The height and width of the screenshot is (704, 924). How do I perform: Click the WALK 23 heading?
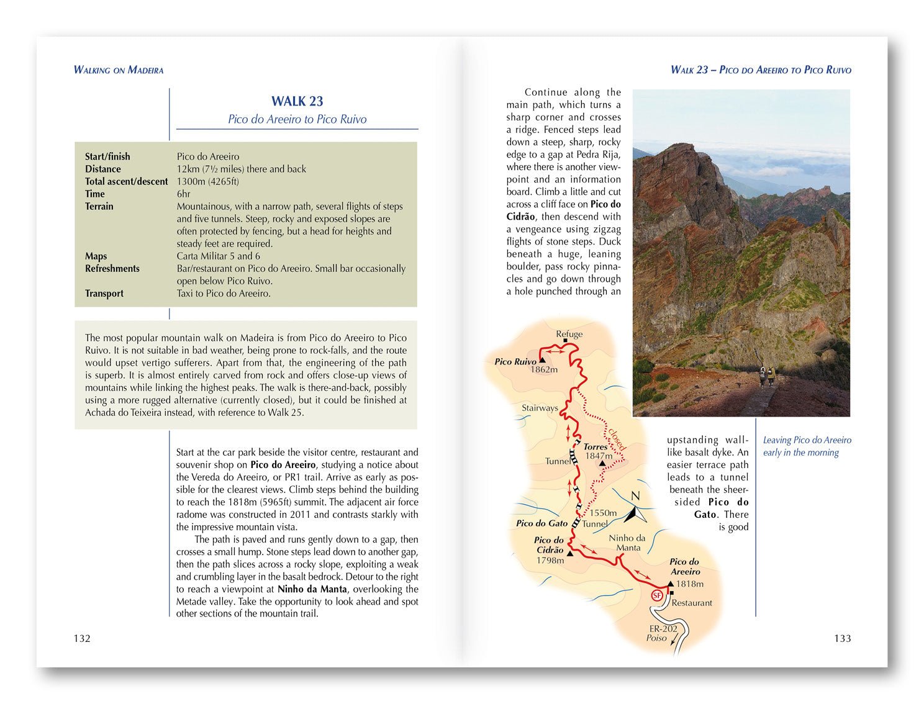point(297,101)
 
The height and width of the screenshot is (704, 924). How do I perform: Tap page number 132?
point(82,638)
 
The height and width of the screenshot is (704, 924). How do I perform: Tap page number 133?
point(842,638)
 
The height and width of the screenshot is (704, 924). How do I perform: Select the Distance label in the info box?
point(103,169)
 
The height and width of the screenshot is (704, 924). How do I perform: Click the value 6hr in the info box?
point(184,194)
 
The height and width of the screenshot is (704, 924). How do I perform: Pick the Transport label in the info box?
point(104,293)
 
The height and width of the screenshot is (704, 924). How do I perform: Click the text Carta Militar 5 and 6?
point(219,256)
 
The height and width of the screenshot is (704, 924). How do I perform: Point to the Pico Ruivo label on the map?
point(515,361)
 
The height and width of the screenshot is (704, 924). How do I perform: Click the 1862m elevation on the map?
point(544,370)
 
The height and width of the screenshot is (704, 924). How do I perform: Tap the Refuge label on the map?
point(569,334)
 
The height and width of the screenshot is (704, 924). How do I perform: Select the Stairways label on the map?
point(540,408)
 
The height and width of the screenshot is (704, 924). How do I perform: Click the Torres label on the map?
point(596,446)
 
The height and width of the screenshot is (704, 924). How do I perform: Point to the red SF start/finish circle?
point(657,596)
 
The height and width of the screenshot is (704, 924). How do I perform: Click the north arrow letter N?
point(635,496)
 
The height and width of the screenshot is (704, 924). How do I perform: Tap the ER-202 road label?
point(663,628)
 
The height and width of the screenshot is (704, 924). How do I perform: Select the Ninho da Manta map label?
point(627,543)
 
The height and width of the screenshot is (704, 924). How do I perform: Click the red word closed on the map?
point(617,439)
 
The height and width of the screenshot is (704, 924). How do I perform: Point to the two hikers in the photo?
point(766,376)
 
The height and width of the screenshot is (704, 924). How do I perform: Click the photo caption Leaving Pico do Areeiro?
point(807,440)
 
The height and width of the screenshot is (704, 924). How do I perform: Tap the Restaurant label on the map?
point(692,603)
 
